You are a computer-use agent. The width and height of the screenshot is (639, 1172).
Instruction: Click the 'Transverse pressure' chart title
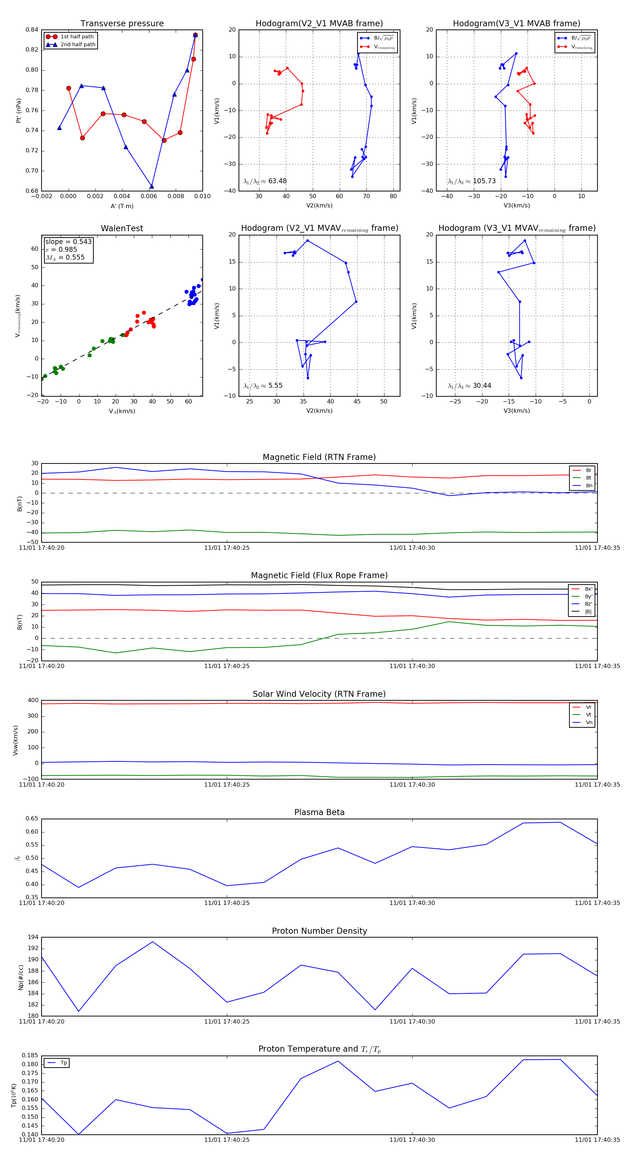[x=122, y=24]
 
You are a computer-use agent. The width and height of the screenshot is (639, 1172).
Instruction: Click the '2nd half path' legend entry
[x=78, y=45]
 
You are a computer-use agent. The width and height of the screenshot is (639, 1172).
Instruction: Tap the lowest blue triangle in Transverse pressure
[x=152, y=186]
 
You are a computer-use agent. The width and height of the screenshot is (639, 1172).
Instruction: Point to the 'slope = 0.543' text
[x=68, y=242]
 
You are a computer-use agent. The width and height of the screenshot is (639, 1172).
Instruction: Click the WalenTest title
[x=122, y=228]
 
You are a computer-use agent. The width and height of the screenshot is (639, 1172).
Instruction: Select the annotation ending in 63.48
[x=265, y=181]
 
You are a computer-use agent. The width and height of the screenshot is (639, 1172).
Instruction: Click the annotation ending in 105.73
[x=472, y=181]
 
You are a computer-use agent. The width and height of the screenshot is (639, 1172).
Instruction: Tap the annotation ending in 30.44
[x=469, y=386]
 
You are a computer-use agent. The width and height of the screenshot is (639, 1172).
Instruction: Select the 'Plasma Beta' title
[x=319, y=812]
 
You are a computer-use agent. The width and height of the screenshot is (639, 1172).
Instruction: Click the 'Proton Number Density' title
[x=319, y=931]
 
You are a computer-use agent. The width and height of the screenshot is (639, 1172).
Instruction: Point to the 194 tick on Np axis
[x=33, y=937]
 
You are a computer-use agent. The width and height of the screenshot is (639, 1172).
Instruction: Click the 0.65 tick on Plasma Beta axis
[x=32, y=819]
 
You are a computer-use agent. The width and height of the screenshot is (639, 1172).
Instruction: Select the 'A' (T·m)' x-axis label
[x=122, y=206]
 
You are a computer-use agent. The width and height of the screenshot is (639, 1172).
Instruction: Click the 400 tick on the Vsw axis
[x=33, y=700]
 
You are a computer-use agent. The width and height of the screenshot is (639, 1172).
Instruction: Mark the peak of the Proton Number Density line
[x=153, y=942]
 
